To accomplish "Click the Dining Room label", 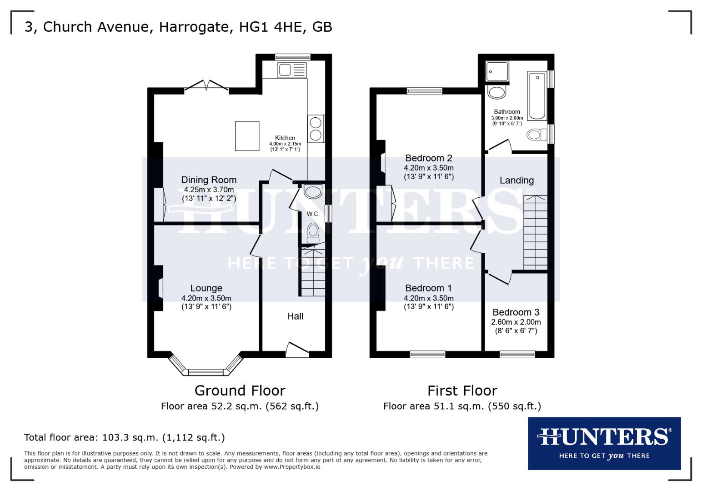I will [x=209, y=180].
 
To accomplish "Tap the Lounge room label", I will [x=206, y=288].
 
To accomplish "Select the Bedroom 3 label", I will [x=516, y=312].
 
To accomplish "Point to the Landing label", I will [x=516, y=180].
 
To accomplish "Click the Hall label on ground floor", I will [x=295, y=316].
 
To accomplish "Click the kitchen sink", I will [x=292, y=70].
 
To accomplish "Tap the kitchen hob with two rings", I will [x=316, y=128].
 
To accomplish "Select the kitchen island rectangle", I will [x=247, y=136].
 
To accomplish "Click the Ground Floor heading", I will [x=240, y=391].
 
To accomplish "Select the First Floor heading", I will [x=462, y=391].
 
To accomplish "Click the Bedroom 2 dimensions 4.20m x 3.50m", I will [x=428, y=168].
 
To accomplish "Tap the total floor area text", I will [x=124, y=438].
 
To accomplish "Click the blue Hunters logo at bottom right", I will [x=604, y=443].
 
